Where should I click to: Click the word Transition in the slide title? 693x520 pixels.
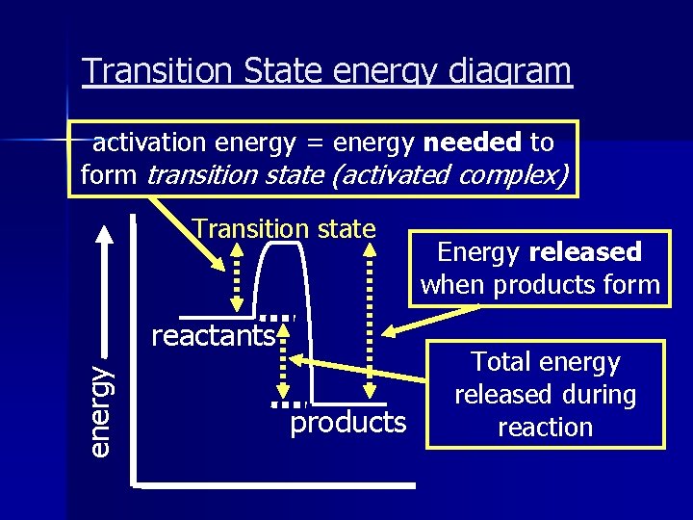tap(143, 71)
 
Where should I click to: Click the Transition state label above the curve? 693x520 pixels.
tap(284, 228)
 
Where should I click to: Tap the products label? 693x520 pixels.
tap(348, 422)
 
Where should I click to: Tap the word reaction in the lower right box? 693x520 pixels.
tap(545, 428)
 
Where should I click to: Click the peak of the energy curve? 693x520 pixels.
tap(285, 245)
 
